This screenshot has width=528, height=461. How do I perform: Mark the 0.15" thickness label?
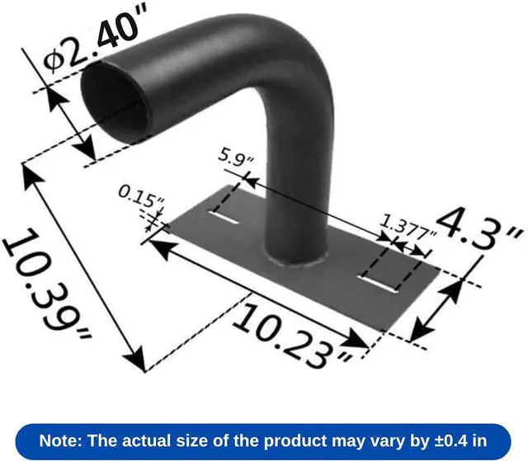click(x=142, y=198)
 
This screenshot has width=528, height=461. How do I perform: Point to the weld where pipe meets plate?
click(x=297, y=262)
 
